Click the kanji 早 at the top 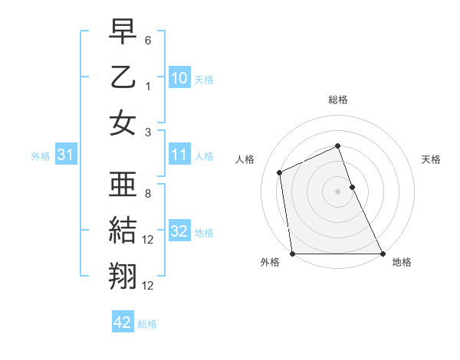[x=123, y=33]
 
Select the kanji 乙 [x=123, y=77]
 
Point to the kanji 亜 [x=123, y=185]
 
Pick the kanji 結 [x=123, y=230]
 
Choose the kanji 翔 [x=123, y=274]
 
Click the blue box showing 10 [x=179, y=77]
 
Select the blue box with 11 [x=179, y=155]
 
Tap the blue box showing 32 [x=179, y=231]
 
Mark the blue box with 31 [x=66, y=155]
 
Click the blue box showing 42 [x=123, y=322]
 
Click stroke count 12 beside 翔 [x=149, y=286]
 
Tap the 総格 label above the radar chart [x=337, y=100]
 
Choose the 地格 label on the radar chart [x=402, y=262]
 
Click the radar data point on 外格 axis [x=292, y=254]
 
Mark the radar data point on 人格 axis [x=280, y=172]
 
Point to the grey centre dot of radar [x=337, y=191]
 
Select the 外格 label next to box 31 [x=40, y=156]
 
